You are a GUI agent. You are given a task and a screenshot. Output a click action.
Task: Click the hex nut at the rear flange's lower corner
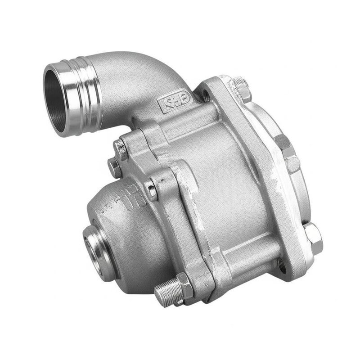312,236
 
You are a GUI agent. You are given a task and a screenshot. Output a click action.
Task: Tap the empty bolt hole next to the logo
205,95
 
